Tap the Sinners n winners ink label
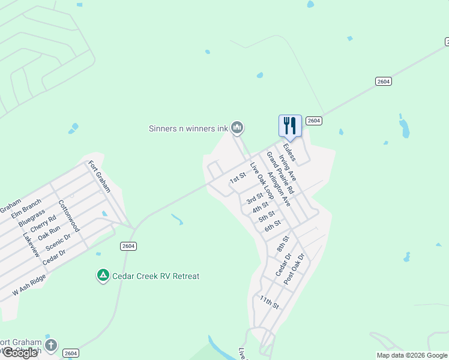pos(188,128)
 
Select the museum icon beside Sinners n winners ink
pos(238,127)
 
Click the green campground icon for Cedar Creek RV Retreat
pos(103,275)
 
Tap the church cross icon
pos(51,345)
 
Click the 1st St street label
pos(238,179)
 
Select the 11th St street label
pos(270,301)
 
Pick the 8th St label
pos(283,243)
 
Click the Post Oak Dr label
pos(294,269)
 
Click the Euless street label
pos(289,151)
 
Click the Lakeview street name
pos(31,245)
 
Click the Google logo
pos(19,352)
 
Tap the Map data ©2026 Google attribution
pos(412,355)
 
